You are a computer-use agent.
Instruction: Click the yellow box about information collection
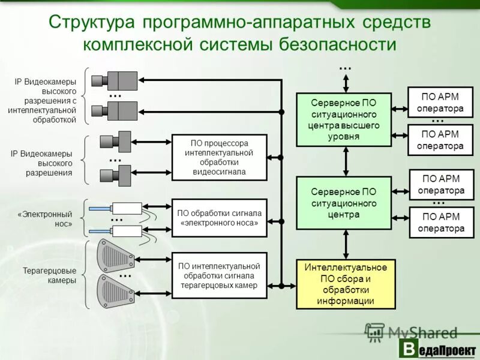(346, 284)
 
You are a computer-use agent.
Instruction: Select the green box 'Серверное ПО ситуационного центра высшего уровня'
(344, 119)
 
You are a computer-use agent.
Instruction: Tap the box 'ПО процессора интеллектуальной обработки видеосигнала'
(219, 157)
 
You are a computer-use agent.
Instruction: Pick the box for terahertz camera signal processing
(219, 275)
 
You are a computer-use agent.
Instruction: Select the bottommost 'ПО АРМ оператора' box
(442, 222)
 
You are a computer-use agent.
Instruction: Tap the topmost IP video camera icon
(116, 80)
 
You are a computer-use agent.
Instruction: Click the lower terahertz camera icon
(115, 291)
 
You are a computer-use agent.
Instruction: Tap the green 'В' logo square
(409, 349)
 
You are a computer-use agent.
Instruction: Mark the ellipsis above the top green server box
(345, 68)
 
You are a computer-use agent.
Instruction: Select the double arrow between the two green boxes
(346, 161)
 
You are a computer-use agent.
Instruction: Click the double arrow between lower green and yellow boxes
(346, 243)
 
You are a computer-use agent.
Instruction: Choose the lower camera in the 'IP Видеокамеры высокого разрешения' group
(116, 175)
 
